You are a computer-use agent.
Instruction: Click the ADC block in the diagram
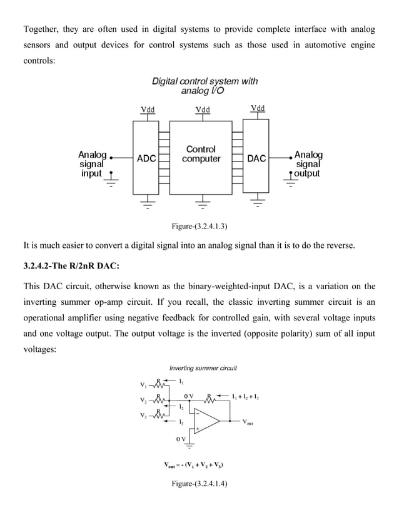coord(146,159)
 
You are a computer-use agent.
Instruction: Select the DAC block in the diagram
coord(256,159)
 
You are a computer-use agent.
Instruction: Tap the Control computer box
coord(201,155)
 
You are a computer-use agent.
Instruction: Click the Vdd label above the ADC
coord(148,110)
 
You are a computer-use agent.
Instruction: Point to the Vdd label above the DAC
coord(257,108)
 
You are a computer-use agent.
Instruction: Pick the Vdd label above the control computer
coord(203,110)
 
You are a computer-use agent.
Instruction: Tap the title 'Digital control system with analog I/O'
coord(205,86)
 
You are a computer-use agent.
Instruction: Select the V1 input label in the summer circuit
coord(144,384)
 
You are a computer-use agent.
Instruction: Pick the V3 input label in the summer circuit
coord(144,416)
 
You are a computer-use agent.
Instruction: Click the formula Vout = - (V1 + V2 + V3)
coord(194,466)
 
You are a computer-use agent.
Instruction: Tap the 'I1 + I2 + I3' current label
coord(245,397)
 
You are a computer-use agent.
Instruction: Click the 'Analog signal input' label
coord(92,163)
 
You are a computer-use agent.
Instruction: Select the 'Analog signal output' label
coord(308,163)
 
